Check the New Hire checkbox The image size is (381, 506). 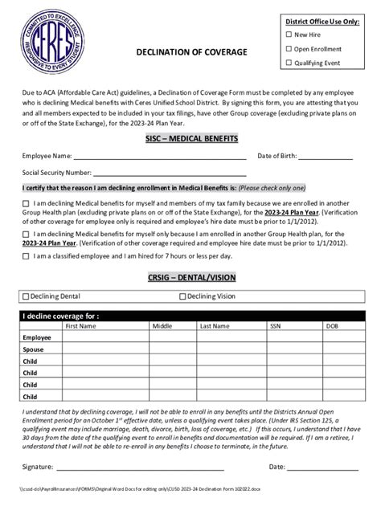tap(289, 35)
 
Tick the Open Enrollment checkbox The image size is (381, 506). tap(289, 49)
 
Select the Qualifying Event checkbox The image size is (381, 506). tap(289, 63)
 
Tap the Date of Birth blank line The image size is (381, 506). tap(330, 157)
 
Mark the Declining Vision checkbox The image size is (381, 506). tap(182, 296)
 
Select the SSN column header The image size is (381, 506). tap(275, 327)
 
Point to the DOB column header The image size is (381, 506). tap(331, 327)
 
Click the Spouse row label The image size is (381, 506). tap(33, 350)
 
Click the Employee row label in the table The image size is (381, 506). tap(36, 338)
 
